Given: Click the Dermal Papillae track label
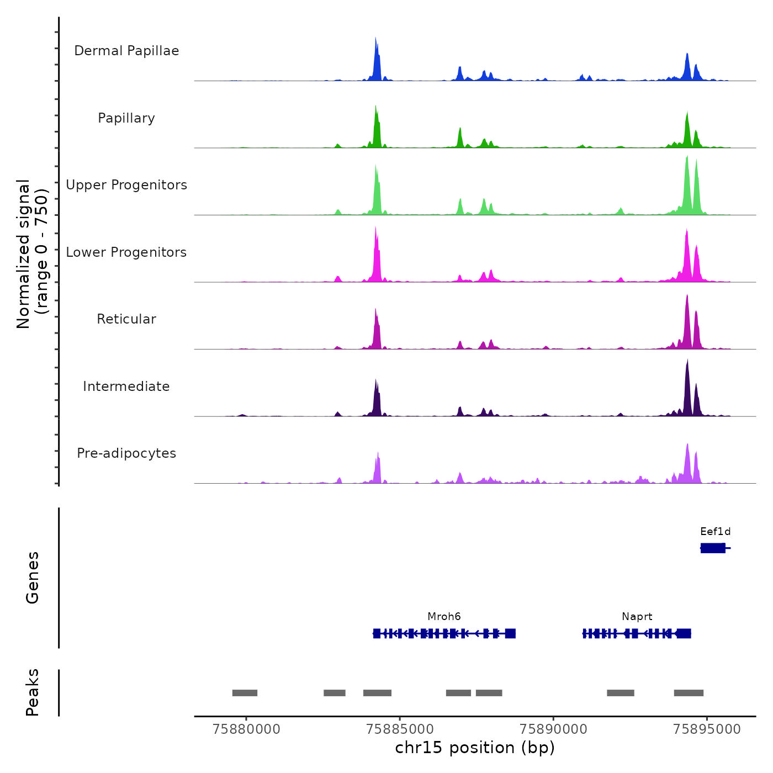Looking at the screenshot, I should pyautogui.click(x=126, y=51).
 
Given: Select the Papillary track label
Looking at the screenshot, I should pyautogui.click(x=126, y=118).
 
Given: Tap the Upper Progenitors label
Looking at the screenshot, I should pyautogui.click(x=126, y=185).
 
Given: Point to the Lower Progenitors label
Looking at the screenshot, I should pyautogui.click(x=126, y=252).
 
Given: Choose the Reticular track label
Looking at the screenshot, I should pyautogui.click(x=126, y=319).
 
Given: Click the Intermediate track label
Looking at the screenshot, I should pyautogui.click(x=126, y=386).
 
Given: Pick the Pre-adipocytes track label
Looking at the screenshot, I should pyautogui.click(x=126, y=453).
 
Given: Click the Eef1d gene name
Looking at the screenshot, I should pyautogui.click(x=715, y=532).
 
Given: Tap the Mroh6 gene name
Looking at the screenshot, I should pyautogui.click(x=444, y=617).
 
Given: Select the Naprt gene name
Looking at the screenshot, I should pyautogui.click(x=637, y=617).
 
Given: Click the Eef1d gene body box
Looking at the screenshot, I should pyautogui.click(x=713, y=548).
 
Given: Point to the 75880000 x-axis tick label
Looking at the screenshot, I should pyautogui.click(x=246, y=729).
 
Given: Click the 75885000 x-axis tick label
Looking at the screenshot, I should pyautogui.click(x=400, y=729).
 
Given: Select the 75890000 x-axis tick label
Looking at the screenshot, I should pyautogui.click(x=553, y=729).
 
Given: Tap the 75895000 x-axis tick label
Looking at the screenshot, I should pyautogui.click(x=707, y=729).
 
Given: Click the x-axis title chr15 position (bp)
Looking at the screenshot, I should pyautogui.click(x=475, y=748).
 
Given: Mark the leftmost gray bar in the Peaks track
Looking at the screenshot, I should pyautogui.click(x=245, y=693).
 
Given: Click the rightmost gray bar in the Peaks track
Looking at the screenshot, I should pyautogui.click(x=689, y=693).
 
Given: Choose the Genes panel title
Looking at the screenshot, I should pyautogui.click(x=33, y=578).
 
